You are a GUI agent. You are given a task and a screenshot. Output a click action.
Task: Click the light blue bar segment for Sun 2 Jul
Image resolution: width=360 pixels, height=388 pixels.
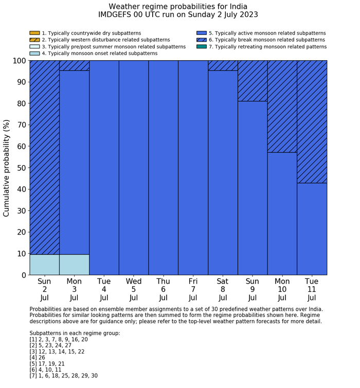(x=44, y=264)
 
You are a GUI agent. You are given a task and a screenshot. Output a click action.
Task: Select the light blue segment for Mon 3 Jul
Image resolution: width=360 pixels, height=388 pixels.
(x=74, y=264)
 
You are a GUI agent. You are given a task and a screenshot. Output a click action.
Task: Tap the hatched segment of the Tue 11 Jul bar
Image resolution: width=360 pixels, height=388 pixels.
(x=312, y=121)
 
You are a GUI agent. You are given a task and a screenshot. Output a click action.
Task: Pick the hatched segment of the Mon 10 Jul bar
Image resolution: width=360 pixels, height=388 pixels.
(x=282, y=106)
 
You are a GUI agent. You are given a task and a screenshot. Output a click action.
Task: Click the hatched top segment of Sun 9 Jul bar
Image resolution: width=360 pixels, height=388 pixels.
(x=253, y=81)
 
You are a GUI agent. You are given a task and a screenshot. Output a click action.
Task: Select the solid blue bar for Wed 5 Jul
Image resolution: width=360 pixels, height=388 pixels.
(x=134, y=167)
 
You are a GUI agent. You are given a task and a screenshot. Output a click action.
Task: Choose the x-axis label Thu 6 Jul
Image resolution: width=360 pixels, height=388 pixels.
(x=163, y=289)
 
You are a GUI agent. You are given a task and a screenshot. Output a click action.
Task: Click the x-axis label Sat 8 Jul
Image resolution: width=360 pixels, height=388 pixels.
(x=223, y=289)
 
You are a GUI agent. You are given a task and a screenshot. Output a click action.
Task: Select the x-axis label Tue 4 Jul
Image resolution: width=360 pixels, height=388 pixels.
(x=104, y=289)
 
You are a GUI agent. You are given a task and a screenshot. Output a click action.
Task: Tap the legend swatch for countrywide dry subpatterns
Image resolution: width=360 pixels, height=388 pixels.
(x=34, y=33)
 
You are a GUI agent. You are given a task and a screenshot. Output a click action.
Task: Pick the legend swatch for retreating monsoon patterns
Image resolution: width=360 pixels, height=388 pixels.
(x=201, y=46)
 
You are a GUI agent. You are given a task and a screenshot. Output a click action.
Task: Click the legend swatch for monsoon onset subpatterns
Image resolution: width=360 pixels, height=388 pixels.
(x=34, y=53)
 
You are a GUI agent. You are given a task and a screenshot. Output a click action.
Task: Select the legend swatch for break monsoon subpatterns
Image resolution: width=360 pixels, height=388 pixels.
(x=201, y=40)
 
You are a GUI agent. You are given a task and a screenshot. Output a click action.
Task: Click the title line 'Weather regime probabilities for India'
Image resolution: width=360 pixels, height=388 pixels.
(x=178, y=7)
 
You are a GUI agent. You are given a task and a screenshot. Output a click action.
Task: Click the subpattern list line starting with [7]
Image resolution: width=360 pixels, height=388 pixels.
(x=63, y=376)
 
